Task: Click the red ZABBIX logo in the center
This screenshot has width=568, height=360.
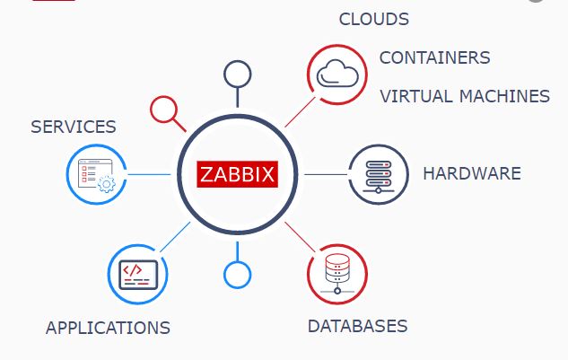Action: coord(237,174)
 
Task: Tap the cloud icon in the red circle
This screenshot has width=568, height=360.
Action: coord(337,74)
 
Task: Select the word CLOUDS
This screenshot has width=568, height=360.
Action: coord(374,19)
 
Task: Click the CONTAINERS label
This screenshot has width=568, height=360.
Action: coord(434,57)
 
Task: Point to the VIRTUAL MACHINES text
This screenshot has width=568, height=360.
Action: coord(465,96)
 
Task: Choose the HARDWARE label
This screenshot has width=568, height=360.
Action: coord(472,173)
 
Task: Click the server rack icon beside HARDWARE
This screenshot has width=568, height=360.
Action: coord(379,177)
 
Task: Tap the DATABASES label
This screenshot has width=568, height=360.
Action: coord(357,326)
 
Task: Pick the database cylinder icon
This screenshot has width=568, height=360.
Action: coord(337,273)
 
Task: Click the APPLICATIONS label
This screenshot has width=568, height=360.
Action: coord(108,328)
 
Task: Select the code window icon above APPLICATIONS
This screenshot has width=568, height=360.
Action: coord(138,275)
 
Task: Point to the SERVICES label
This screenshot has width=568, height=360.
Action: coord(74,127)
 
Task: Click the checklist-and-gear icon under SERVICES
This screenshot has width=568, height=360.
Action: coord(97,175)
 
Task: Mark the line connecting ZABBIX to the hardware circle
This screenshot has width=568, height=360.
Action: coord(326,174)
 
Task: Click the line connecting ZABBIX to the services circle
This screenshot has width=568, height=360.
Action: coord(149,174)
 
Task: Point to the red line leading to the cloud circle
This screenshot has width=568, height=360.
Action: coord(300,112)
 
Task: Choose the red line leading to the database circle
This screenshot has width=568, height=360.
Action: coord(300,237)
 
